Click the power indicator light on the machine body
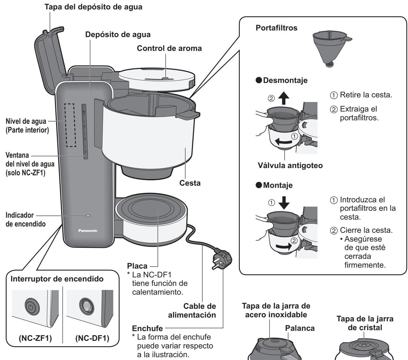pos(88,216)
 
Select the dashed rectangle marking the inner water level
pos(71,124)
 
